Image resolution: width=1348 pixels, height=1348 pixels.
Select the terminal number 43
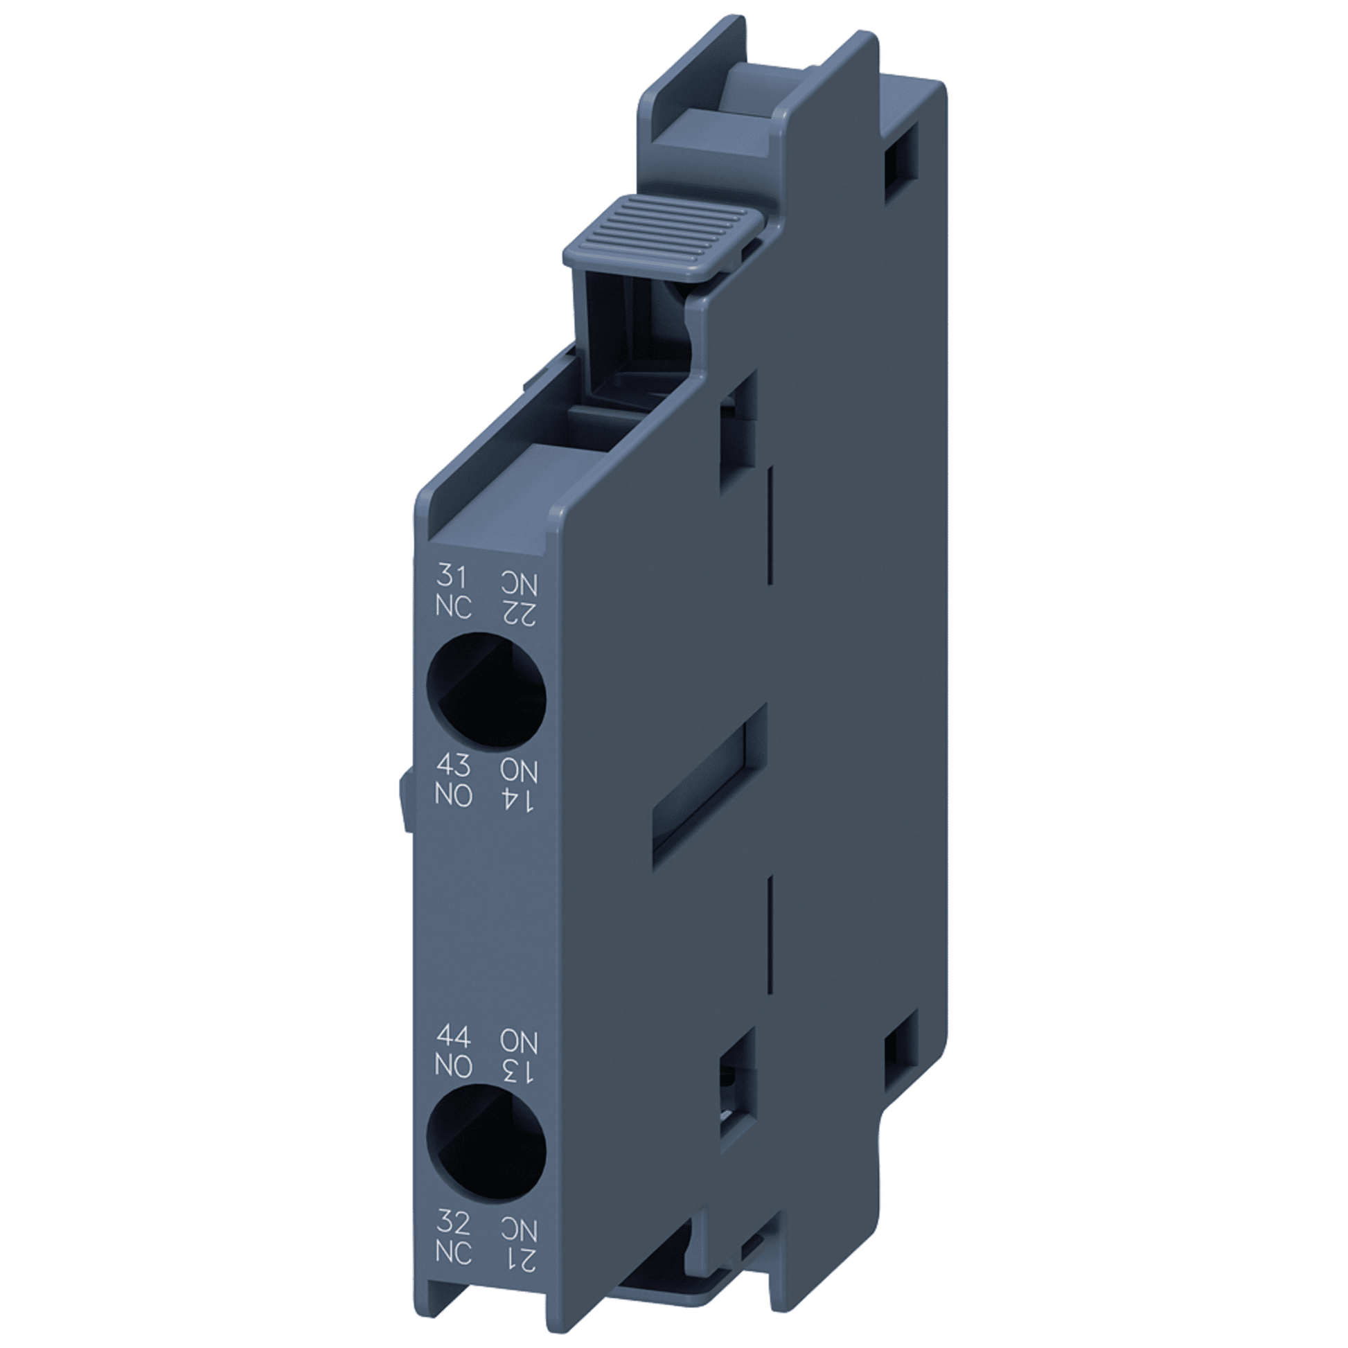click(453, 767)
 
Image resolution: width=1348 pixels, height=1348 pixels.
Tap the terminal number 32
click(453, 1223)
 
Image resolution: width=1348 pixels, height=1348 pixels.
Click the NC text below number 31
click(453, 608)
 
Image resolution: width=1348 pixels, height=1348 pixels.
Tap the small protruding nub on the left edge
click(405, 805)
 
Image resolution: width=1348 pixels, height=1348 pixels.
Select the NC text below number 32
click(453, 1253)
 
